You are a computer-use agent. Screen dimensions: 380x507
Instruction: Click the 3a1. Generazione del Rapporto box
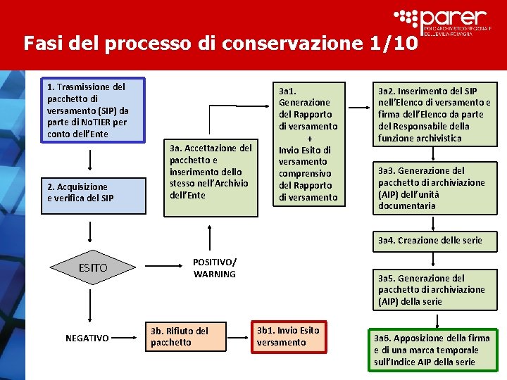pyautogui.click(x=308, y=144)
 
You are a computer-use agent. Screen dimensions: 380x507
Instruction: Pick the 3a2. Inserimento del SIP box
pyautogui.click(x=434, y=115)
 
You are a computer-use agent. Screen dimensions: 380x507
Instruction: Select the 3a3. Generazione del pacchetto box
pyautogui.click(x=434, y=188)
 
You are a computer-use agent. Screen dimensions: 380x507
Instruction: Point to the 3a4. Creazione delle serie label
pyautogui.click(x=430, y=241)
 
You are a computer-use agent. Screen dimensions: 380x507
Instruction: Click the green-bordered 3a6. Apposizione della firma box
pyautogui.click(x=431, y=350)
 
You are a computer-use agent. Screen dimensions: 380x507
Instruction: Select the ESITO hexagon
pyautogui.click(x=93, y=267)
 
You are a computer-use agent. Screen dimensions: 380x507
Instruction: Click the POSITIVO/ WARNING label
pyautogui.click(x=215, y=267)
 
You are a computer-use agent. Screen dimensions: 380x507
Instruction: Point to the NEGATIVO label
pyautogui.click(x=87, y=338)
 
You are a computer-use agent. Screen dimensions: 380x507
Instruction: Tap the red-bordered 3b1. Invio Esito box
pyautogui.click(x=289, y=336)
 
